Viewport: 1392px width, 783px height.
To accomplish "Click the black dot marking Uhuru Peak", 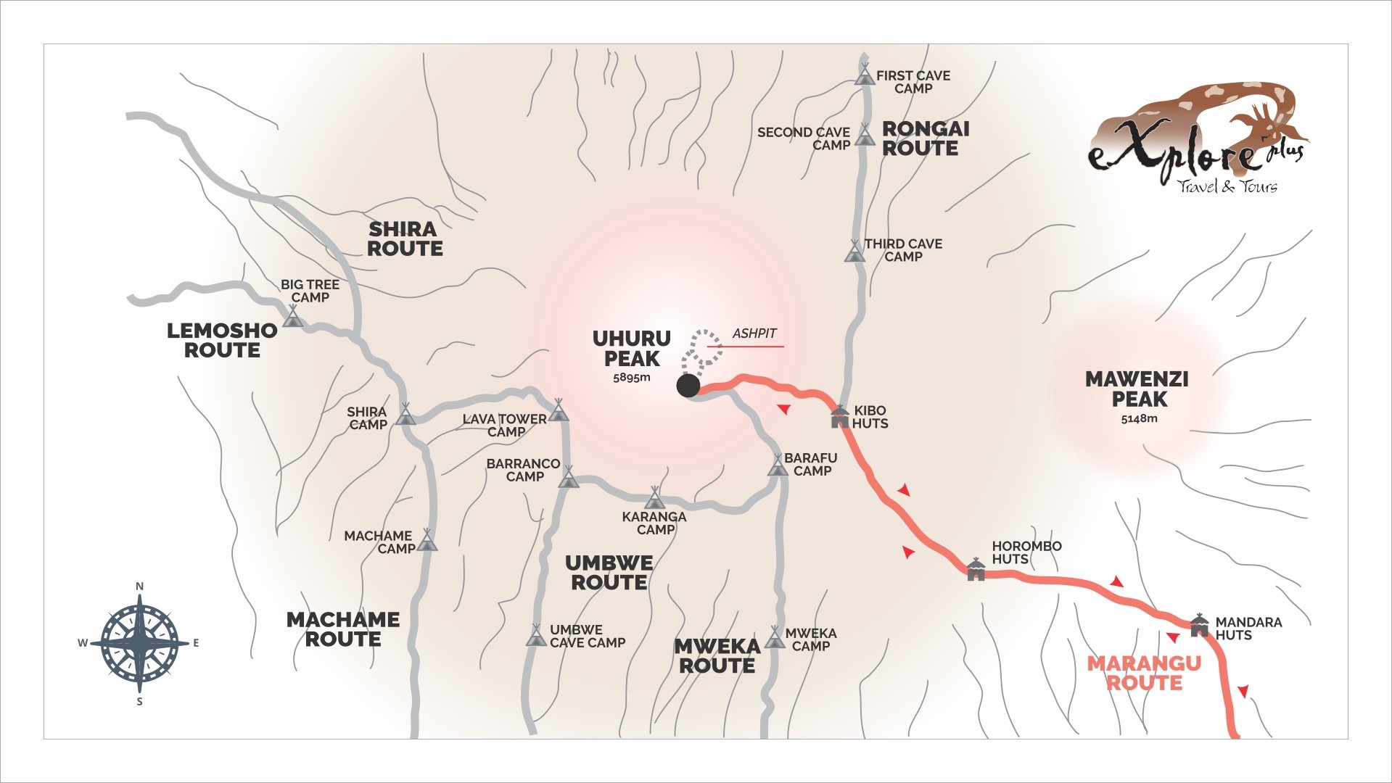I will click(x=688, y=386).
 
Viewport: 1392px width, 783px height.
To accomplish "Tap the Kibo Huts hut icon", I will click(x=839, y=417).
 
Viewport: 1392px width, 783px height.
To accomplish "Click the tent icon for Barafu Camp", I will click(x=778, y=465).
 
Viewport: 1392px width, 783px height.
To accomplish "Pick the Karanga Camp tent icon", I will click(x=654, y=498).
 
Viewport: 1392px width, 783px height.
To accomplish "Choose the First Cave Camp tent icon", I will click(x=864, y=75).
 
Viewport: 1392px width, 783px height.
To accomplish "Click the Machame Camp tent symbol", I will click(x=427, y=540).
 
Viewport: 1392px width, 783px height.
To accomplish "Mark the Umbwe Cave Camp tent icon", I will click(x=536, y=636).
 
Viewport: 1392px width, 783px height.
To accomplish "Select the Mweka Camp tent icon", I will click(x=775, y=638).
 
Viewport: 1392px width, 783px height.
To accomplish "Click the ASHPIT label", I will click(x=754, y=333).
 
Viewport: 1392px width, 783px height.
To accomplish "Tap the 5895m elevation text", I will click(x=631, y=378).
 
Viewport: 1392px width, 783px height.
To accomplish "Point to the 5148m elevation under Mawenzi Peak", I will click(x=1139, y=419).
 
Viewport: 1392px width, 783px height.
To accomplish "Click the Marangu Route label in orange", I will click(x=1144, y=673).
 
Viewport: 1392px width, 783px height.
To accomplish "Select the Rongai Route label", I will click(x=925, y=138).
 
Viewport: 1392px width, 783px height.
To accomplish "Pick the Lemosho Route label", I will click(x=222, y=340).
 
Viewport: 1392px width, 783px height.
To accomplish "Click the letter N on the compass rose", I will click(x=140, y=587).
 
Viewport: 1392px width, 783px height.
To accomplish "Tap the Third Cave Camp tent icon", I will click(x=855, y=252).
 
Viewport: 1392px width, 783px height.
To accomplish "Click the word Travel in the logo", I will click(x=1198, y=186).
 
